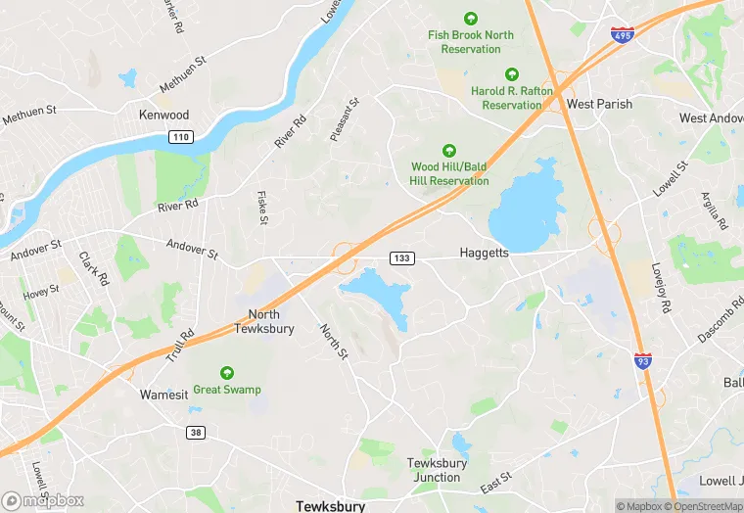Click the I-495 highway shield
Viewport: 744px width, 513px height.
pos(621,35)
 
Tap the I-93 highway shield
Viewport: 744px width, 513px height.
pos(642,361)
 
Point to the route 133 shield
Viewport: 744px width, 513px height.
pos(402,257)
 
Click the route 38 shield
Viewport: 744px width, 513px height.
pos(196,432)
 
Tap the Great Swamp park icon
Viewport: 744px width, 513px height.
pos(227,373)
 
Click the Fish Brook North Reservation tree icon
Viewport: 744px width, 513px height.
pos(471,19)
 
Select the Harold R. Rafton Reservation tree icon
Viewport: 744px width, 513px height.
pos(511,74)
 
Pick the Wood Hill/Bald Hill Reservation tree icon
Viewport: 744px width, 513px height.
pos(449,151)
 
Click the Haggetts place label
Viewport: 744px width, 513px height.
pos(485,253)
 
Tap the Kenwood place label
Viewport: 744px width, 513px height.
pos(163,116)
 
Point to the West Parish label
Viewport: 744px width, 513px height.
pos(599,104)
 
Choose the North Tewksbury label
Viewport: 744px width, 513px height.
pos(263,321)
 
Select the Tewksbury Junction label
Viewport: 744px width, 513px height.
pos(436,470)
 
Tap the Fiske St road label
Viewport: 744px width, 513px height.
pos(262,208)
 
